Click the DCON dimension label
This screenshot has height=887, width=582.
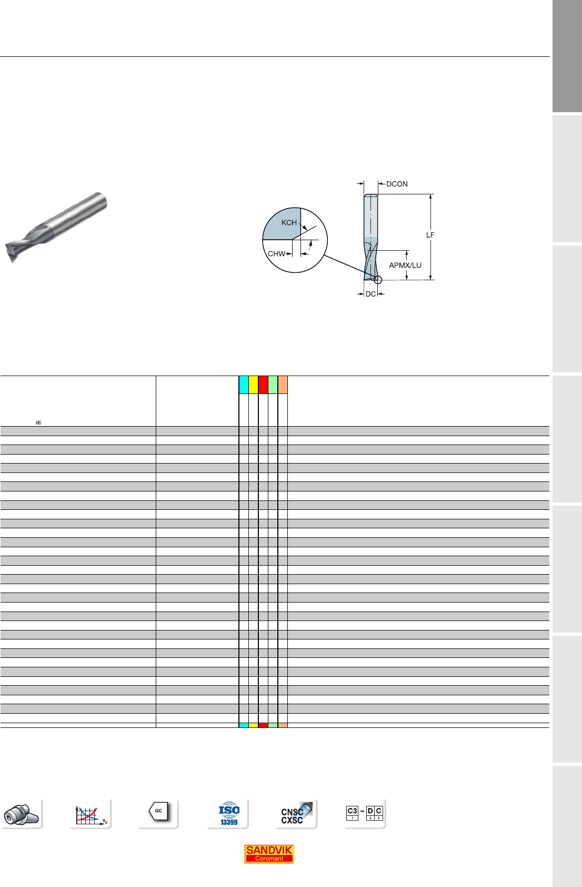point(397,184)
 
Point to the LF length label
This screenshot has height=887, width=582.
point(430,235)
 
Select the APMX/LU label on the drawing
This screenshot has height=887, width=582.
point(405,265)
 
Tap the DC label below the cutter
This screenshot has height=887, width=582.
point(371,294)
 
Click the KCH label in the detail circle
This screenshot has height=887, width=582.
point(289,223)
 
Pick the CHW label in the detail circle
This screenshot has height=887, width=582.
point(276,254)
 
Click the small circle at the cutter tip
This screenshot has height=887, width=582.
point(378,280)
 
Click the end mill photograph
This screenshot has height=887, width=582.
point(56,226)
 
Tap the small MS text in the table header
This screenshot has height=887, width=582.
point(38,423)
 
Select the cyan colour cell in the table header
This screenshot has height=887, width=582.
point(244,385)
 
